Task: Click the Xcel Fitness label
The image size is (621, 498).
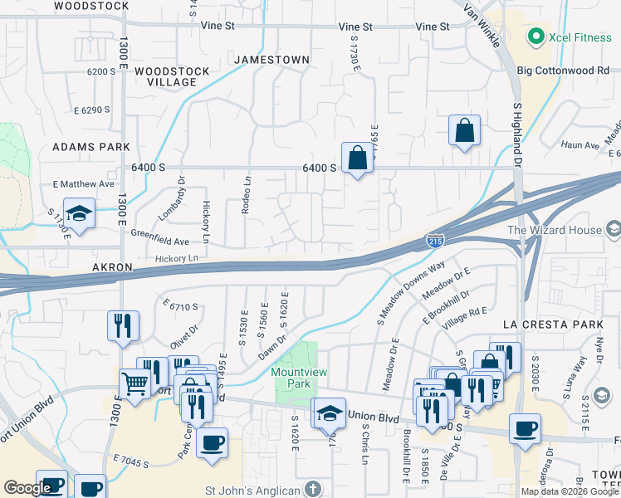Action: pyautogui.click(x=577, y=37)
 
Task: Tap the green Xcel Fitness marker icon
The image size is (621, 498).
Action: pyautogui.click(x=535, y=37)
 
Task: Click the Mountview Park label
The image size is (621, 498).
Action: pyautogui.click(x=297, y=378)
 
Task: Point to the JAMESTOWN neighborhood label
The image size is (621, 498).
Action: pyautogui.click(x=271, y=60)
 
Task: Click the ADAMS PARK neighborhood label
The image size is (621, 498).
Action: pyautogui.click(x=91, y=146)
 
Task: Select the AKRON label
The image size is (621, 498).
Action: pyautogui.click(x=112, y=267)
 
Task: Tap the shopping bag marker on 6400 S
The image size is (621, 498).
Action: pyautogui.click(x=357, y=158)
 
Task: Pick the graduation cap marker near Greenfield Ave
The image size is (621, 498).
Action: pyautogui.click(x=80, y=214)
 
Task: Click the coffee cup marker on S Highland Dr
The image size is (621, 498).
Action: pyautogui.click(x=525, y=429)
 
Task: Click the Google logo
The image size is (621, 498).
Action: pyautogui.click(x=27, y=488)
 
